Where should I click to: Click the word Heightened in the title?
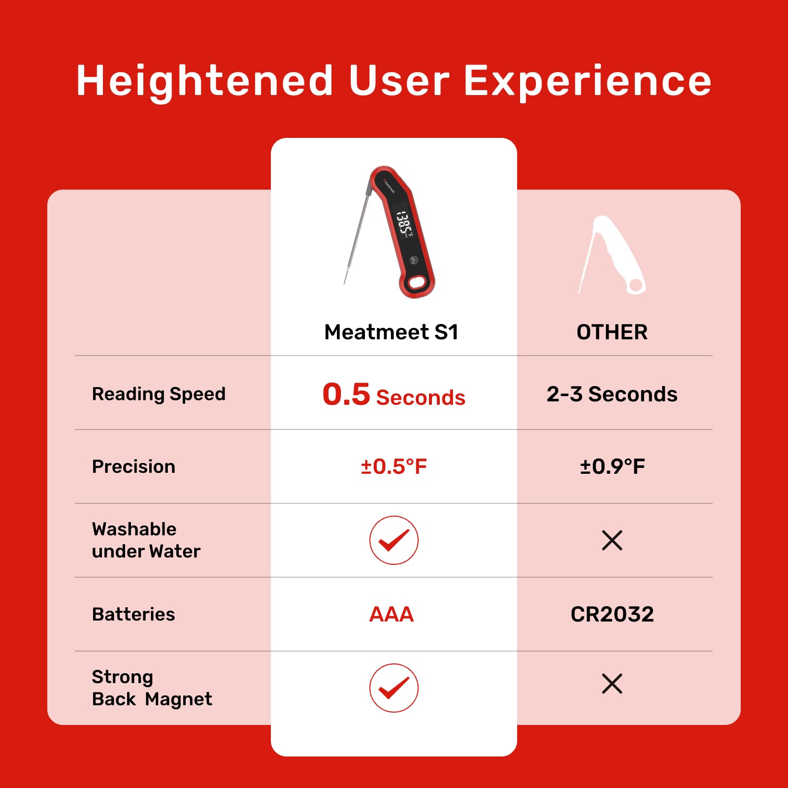click(x=205, y=82)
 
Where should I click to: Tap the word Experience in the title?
click(x=588, y=82)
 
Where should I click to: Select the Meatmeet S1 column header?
click(x=392, y=332)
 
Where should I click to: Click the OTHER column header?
click(x=612, y=332)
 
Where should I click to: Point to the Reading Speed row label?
click(x=159, y=394)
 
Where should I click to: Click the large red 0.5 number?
click(x=346, y=394)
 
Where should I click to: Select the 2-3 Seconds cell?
click(x=612, y=394)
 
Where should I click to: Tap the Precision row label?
click(x=133, y=466)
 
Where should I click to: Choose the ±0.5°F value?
click(x=394, y=466)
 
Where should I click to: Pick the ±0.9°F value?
click(x=612, y=466)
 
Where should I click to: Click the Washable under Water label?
click(x=146, y=540)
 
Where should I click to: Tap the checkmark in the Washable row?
click(x=394, y=540)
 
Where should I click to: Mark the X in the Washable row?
click(x=612, y=540)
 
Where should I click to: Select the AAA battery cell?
click(x=392, y=614)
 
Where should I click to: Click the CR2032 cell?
click(x=612, y=614)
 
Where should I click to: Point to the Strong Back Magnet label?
click(x=152, y=688)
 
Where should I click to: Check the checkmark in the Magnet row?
click(x=394, y=688)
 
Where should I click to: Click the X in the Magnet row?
click(x=612, y=684)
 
